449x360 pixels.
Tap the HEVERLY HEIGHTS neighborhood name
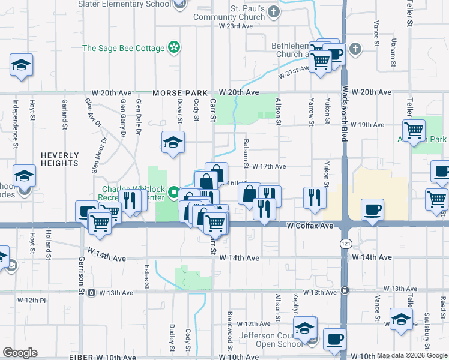click(59, 159)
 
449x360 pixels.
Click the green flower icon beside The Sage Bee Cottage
click(173, 47)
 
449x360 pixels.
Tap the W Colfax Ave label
click(310, 226)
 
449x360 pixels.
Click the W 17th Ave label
click(269, 166)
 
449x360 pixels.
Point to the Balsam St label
click(246, 152)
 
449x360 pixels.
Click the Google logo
click(20, 353)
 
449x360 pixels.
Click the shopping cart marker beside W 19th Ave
click(414, 130)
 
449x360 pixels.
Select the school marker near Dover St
click(173, 142)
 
